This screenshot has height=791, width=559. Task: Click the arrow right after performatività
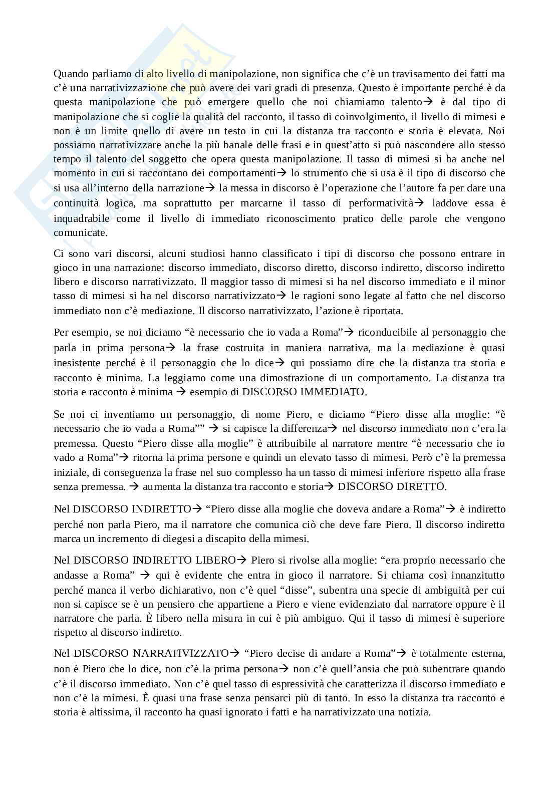(419, 203)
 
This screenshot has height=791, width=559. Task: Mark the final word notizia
(414, 712)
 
